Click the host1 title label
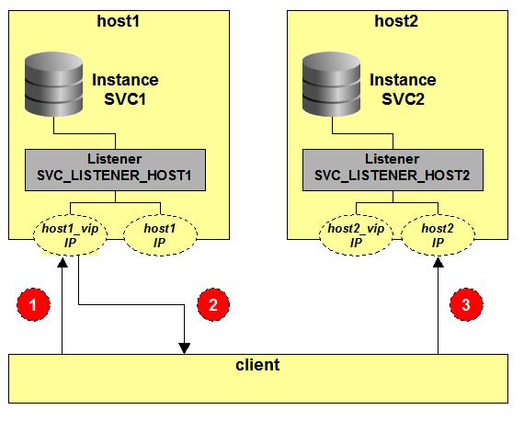pos(118,21)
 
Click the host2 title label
pos(396,21)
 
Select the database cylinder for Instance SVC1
pos(54,84)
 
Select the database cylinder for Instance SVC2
pos(332,84)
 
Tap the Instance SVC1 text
pos(125,89)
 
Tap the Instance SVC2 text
pos(403,89)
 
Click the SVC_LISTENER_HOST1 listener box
pos(115,170)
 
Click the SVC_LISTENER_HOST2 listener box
pos(393,170)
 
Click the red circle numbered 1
pos(33,305)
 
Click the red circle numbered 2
pos(213,305)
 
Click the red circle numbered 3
pos(466,305)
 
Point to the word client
pos(257,365)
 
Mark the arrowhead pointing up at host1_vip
pos(63,262)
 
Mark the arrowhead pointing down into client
pos(185,348)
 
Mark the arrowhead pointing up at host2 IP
pos(439,262)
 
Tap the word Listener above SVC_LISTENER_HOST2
pos(392,159)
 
